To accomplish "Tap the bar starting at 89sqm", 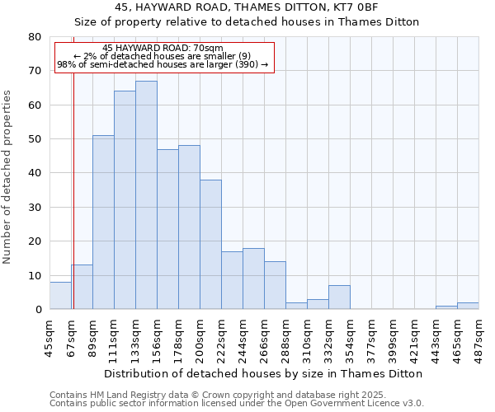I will [103, 222].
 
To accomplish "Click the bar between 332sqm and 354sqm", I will [339, 297].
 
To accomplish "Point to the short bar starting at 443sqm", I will [446, 307].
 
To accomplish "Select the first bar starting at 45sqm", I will [60, 296].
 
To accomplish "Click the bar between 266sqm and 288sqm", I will [275, 285].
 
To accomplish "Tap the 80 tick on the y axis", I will [35, 37].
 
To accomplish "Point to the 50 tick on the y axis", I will [35, 139].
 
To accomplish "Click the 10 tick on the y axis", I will [35, 276].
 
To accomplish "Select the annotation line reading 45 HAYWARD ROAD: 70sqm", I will [163, 49].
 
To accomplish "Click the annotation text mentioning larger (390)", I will [163, 64].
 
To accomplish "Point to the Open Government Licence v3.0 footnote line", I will [237, 404].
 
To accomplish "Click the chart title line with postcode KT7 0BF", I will [247, 7].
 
